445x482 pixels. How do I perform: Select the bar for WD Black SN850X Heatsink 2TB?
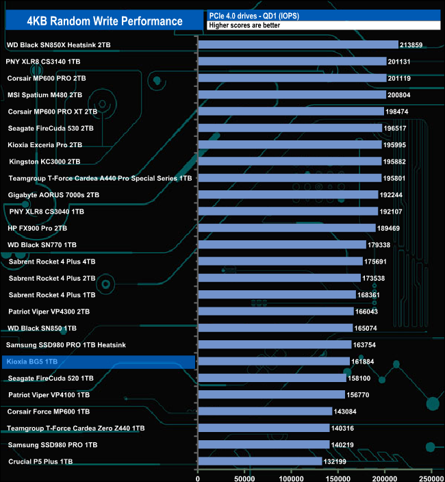pyautogui.click(x=298, y=45)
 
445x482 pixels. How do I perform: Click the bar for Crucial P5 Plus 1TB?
pyautogui.click(x=259, y=461)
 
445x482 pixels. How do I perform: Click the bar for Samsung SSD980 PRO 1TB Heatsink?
pyautogui.click(x=275, y=344)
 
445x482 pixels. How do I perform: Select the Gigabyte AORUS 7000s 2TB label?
pyautogui.click(x=53, y=194)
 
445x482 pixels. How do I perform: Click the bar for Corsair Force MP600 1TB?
pyautogui.click(x=265, y=411)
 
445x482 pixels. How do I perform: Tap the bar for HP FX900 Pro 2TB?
pyautogui.click(x=287, y=228)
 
